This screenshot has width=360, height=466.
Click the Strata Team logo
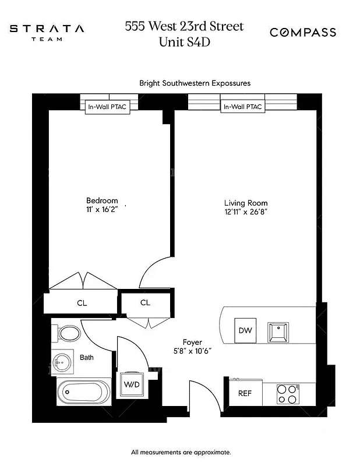pos(47,32)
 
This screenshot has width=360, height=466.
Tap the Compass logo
pos(302,33)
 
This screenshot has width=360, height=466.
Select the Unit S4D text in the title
pos(184,42)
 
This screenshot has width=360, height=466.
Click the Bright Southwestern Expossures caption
pos(195,83)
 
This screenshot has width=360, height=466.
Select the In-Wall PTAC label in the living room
pos(242,107)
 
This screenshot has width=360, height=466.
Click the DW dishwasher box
pos(245,330)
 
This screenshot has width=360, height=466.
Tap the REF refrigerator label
pos(245,393)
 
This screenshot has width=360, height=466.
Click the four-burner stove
pos(286,394)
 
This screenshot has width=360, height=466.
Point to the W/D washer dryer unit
pos(130,384)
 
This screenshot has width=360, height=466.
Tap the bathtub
pos(83,392)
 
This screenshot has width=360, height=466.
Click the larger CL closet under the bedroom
pos(82,303)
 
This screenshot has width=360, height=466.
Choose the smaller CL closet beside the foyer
pos(145,302)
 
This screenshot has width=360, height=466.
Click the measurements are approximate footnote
pos(181,452)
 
